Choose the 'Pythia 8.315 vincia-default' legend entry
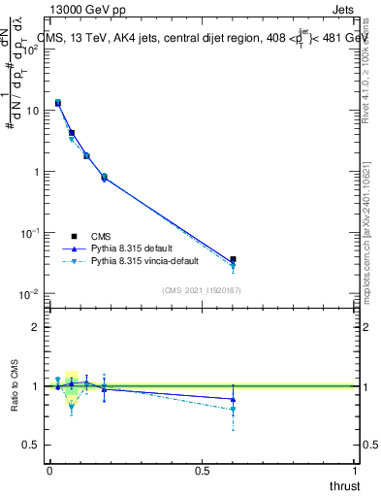(148, 261)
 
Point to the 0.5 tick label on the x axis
(202, 471)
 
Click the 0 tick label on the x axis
(49, 471)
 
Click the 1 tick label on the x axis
(356, 471)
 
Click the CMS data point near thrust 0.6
(233, 260)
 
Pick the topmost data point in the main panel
(58, 102)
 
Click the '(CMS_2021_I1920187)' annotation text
(202, 290)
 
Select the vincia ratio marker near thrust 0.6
(233, 410)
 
